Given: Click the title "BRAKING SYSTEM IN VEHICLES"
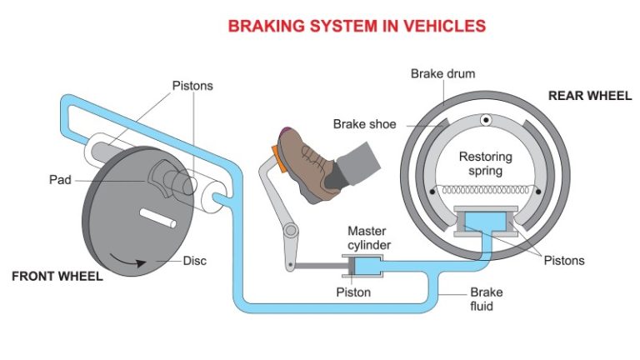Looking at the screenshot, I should (357, 26).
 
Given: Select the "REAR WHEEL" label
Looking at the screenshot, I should (589, 96).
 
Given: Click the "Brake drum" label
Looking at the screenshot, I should (442, 74).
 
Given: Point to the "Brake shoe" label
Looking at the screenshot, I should (365, 124).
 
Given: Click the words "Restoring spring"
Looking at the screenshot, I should (485, 164).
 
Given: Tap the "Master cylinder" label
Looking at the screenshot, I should (368, 237).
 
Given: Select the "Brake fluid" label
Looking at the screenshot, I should (486, 299).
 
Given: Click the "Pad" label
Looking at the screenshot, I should (60, 179).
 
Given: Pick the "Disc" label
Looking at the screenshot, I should (196, 260).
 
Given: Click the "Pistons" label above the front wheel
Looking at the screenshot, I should (192, 86).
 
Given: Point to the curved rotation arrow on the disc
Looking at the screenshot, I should (132, 263).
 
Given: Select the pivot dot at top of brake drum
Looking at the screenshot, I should (485, 122).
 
